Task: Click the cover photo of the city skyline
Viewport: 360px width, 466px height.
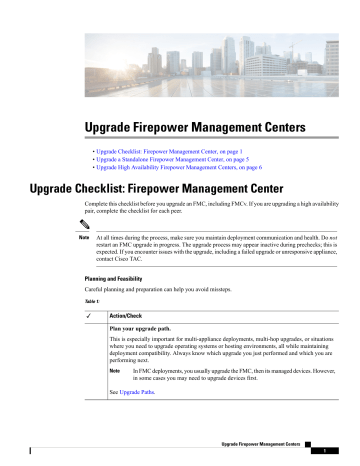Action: pos(180,50)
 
